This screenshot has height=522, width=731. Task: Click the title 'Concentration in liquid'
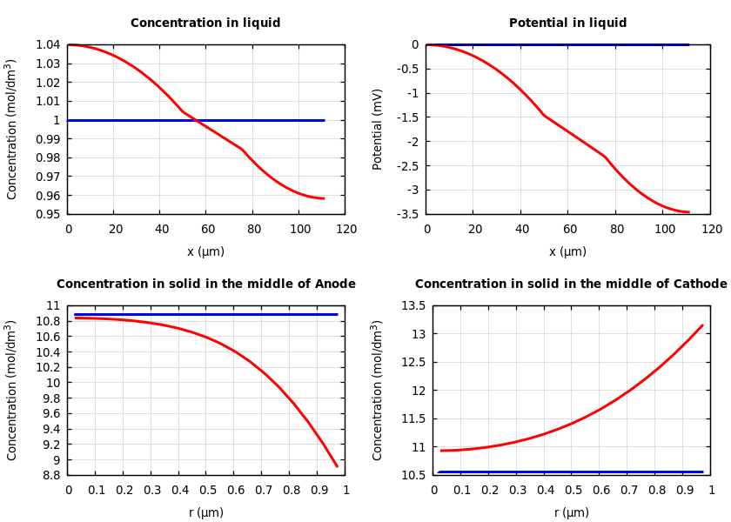pyautogui.click(x=205, y=23)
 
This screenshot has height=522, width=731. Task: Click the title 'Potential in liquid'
pyautogui.click(x=567, y=23)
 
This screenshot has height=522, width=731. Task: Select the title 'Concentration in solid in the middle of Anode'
pyautogui.click(x=206, y=284)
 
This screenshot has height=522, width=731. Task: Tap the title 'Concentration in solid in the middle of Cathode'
pyautogui.click(x=571, y=284)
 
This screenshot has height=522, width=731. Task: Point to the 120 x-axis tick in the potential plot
pyautogui.click(x=712, y=229)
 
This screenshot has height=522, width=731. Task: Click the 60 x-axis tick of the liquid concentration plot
pyautogui.click(x=208, y=229)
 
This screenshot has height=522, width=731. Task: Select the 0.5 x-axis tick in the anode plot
pyautogui.click(x=207, y=490)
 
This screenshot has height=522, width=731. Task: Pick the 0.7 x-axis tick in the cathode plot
pyautogui.click(x=628, y=490)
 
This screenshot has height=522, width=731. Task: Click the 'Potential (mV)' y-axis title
pyautogui.click(x=378, y=129)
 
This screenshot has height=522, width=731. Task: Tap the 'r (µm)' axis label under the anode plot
pyautogui.click(x=206, y=512)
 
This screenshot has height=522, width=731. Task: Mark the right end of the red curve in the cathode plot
pyautogui.click(x=702, y=325)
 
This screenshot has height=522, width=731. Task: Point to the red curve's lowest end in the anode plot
pyautogui.click(x=337, y=466)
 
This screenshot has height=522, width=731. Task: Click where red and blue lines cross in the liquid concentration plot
pyautogui.click(x=197, y=120)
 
